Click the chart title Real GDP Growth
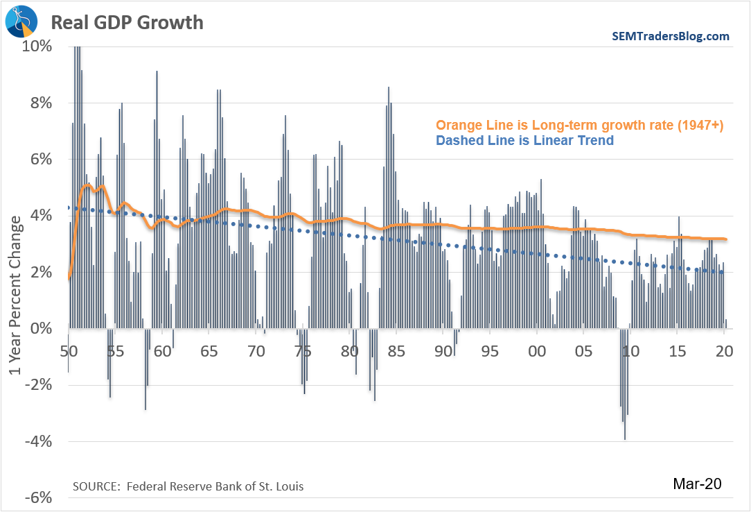[127, 22]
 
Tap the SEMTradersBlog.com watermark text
[670, 36]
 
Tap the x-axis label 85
[396, 351]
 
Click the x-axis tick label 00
[536, 351]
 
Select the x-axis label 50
[68, 351]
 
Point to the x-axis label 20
[724, 351]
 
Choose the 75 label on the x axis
[302, 351]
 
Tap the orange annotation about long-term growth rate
[579, 125]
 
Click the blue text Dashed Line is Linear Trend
[524, 141]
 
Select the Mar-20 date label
[698, 484]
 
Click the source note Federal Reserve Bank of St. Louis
[188, 486]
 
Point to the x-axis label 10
[630, 351]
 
